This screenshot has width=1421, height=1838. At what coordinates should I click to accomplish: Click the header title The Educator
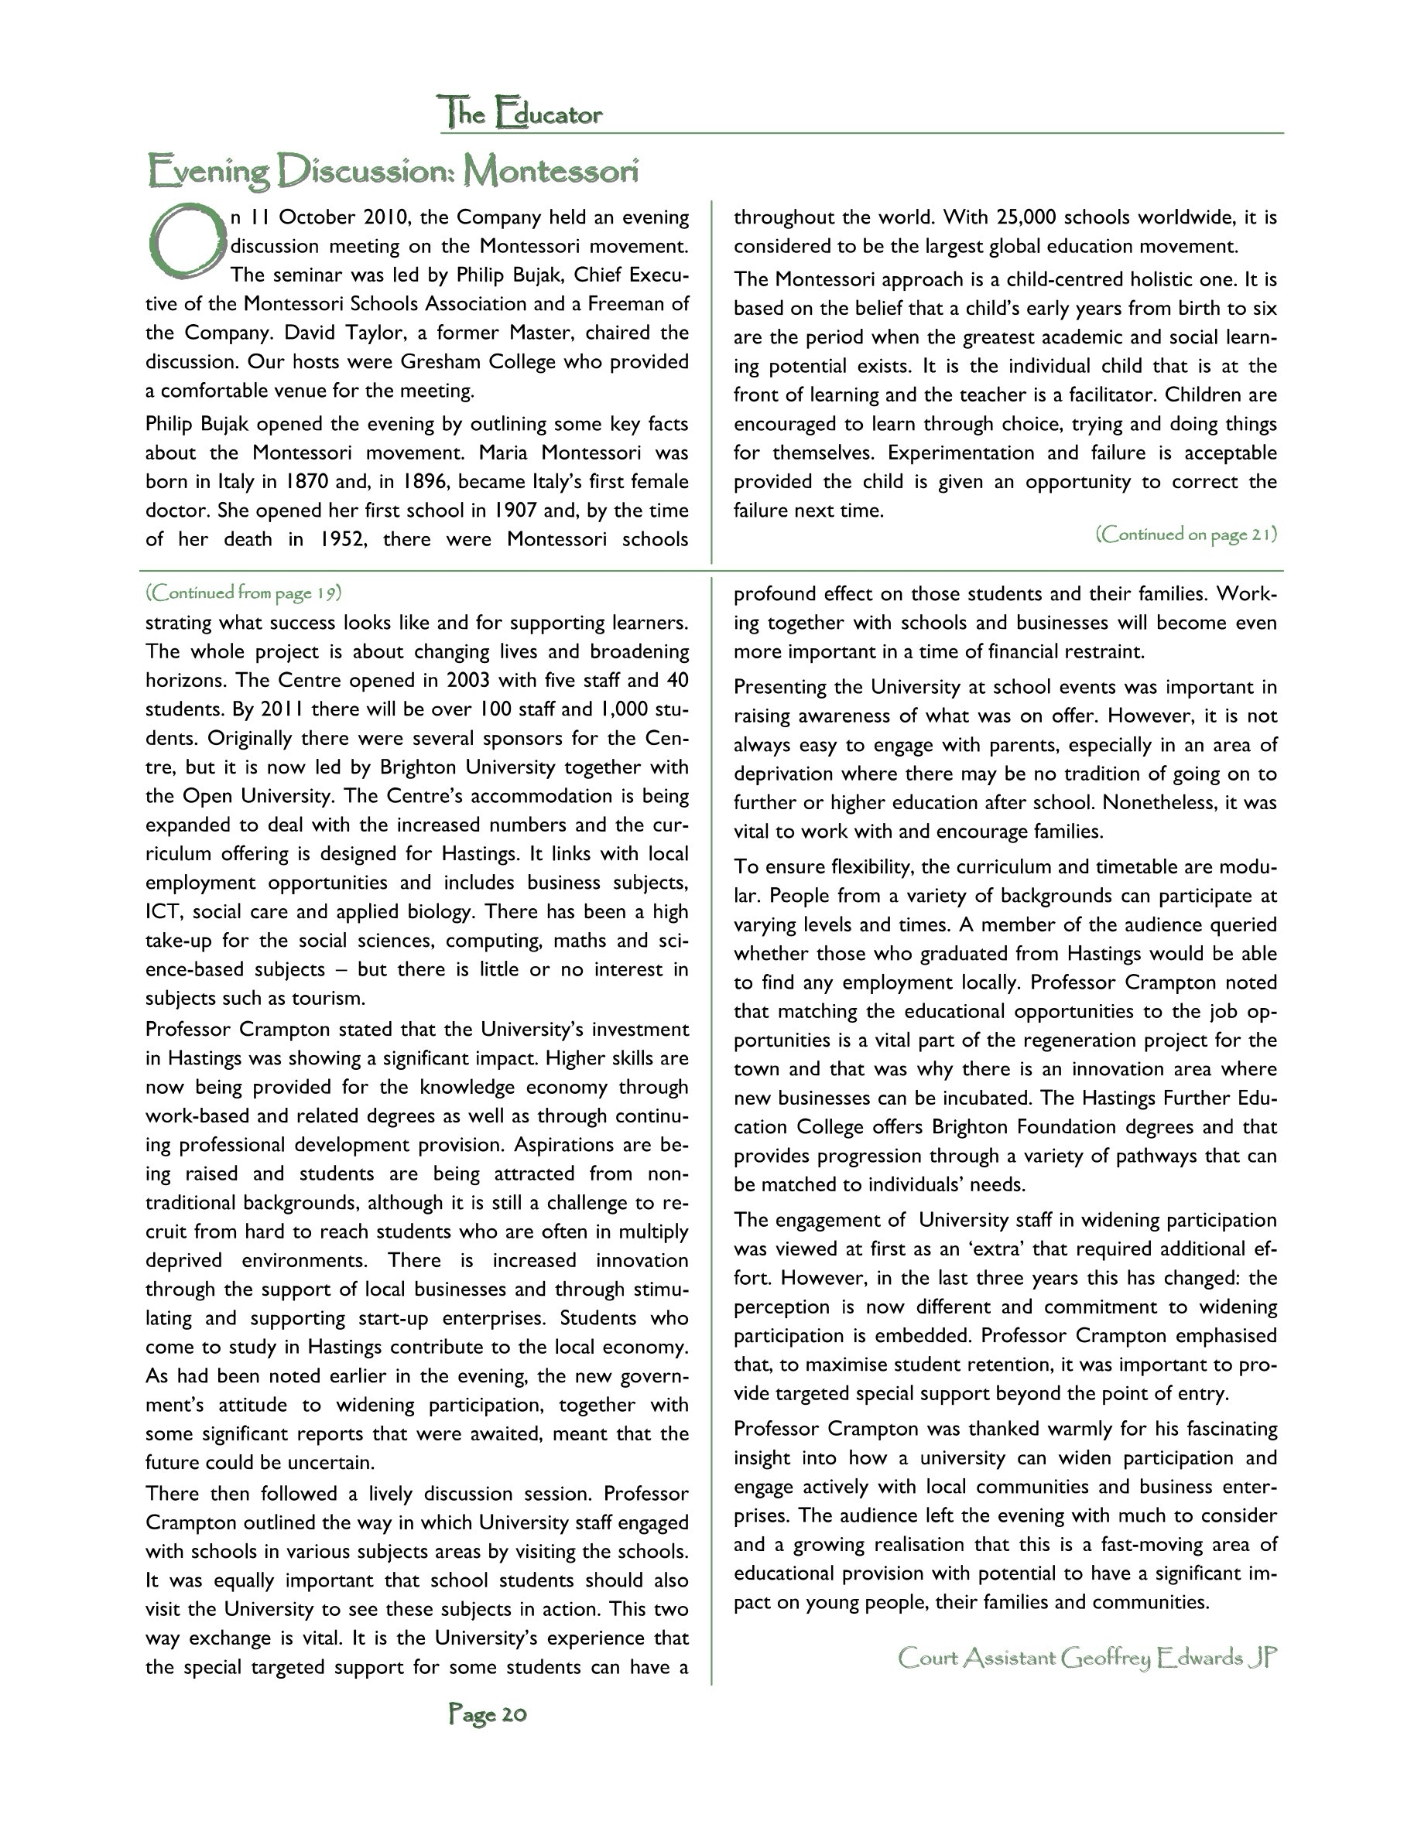coord(519,114)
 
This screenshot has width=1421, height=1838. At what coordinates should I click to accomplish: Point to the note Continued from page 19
coord(243,593)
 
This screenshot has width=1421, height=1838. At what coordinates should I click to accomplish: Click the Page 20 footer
coord(488,1714)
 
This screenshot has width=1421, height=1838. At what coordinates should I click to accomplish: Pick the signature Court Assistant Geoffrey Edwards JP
coord(1087,1658)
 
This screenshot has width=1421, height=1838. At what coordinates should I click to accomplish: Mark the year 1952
coord(343,539)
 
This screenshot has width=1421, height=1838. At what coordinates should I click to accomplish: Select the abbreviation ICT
coord(163,912)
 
